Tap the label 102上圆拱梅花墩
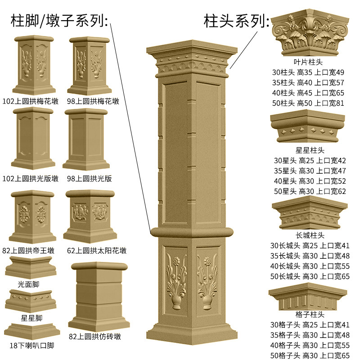[30, 102]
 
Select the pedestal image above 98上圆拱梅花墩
[90, 66]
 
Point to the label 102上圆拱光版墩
[30, 179]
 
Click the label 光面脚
[28, 284]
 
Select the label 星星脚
[31, 318]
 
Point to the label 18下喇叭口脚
[31, 346]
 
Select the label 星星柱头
[310, 150]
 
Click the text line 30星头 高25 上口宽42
[310, 160]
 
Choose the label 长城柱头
[310, 235]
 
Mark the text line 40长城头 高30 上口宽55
[310, 266]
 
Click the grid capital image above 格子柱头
[308, 297]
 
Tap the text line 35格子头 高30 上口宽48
[310, 335]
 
